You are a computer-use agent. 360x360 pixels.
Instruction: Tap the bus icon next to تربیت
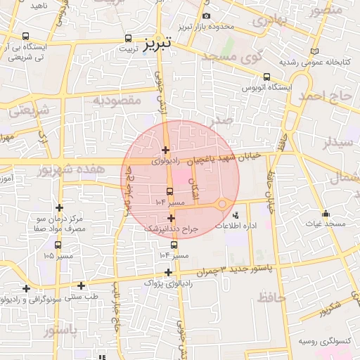click(x=127, y=39)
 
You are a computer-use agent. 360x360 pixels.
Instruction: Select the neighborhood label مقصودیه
click(x=117, y=100)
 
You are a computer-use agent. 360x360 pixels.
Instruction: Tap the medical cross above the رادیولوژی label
click(x=165, y=150)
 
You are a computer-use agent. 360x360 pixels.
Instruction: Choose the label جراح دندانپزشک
click(x=172, y=229)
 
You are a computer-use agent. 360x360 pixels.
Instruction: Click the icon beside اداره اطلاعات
click(x=235, y=214)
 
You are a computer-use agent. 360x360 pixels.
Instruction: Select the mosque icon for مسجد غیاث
click(x=325, y=213)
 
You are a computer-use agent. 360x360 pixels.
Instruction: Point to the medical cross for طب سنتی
click(x=82, y=285)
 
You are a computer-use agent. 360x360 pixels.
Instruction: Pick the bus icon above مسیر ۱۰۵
click(x=57, y=245)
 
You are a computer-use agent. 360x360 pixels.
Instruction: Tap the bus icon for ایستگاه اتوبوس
click(x=266, y=77)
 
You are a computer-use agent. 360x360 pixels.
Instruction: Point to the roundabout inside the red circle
click(x=222, y=204)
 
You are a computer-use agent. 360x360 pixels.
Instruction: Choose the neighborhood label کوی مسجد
click(x=231, y=57)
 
